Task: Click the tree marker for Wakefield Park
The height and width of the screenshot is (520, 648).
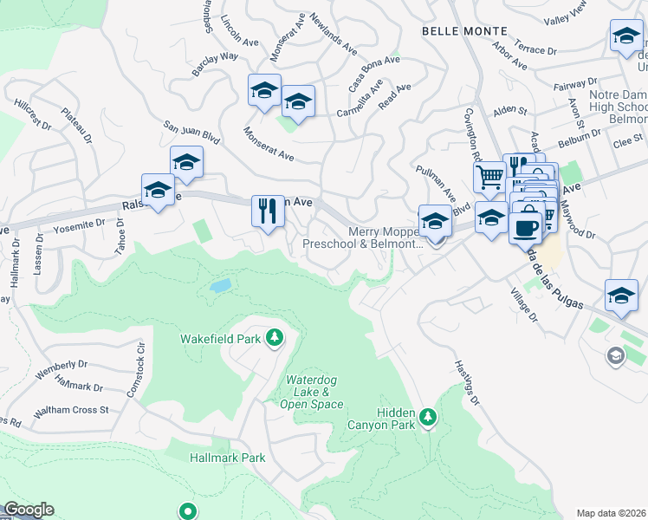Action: pyautogui.click(x=275, y=336)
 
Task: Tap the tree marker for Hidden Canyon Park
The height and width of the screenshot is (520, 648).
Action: pyautogui.click(x=427, y=419)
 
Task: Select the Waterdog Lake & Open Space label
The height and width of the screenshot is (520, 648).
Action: pyautogui.click(x=315, y=393)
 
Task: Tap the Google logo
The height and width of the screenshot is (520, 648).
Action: pyautogui.click(x=29, y=510)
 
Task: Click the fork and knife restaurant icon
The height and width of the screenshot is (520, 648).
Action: pyautogui.click(x=268, y=211)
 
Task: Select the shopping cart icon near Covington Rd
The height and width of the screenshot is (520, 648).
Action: pyautogui.click(x=490, y=178)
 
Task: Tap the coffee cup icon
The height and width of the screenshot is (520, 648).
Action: pyautogui.click(x=525, y=228)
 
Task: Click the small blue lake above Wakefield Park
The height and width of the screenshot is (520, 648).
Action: pyautogui.click(x=220, y=285)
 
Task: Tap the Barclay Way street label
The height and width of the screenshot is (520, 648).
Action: pyautogui.click(x=217, y=57)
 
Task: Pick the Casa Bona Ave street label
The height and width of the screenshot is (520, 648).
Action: pyautogui.click(x=374, y=66)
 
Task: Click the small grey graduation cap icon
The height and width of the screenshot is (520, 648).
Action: pyautogui.click(x=615, y=355)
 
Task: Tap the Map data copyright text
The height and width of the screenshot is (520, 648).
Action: pyautogui.click(x=612, y=512)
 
